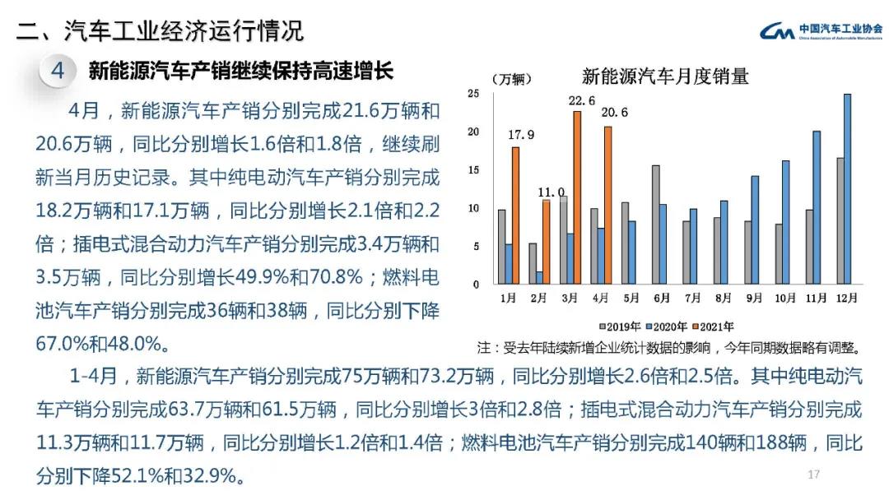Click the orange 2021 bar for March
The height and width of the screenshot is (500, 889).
pyautogui.click(x=577, y=197)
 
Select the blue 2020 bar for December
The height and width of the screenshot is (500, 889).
pyautogui.click(x=847, y=189)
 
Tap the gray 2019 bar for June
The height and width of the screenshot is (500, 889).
pyautogui.click(x=655, y=225)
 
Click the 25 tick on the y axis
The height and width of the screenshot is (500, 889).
pyautogui.click(x=472, y=94)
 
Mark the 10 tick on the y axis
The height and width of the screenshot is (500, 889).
pyautogui.click(x=472, y=208)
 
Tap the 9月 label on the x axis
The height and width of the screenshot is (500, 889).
pyautogui.click(x=753, y=298)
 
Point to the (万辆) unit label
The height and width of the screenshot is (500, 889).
pyautogui.click(x=513, y=79)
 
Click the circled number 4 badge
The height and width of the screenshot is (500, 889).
pyautogui.click(x=58, y=71)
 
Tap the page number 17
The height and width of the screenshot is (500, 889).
pyautogui.click(x=814, y=475)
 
